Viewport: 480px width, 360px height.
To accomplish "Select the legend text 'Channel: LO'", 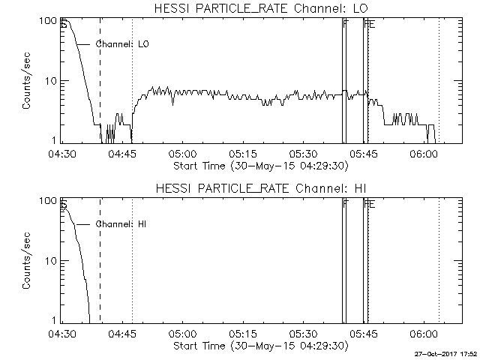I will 123,44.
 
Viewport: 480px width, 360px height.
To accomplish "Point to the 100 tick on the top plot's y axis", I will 47,20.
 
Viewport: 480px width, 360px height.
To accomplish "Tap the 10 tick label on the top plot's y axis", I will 50,81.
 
